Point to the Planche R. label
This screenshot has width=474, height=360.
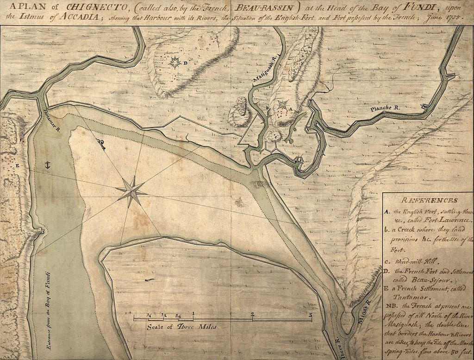coord(384,108)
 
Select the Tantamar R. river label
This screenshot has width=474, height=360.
coord(51,121)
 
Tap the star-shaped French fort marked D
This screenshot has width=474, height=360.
coord(176,62)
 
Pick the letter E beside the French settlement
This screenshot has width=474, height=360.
coord(17,165)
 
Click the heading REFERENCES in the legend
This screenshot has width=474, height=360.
coord(429,201)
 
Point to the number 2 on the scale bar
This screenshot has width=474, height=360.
coord(252,314)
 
